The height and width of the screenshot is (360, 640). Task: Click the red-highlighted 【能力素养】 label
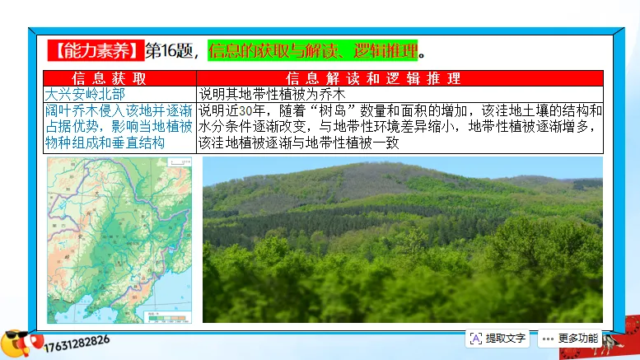(x=96, y=51)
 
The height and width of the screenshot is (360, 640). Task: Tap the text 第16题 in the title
(x=171, y=51)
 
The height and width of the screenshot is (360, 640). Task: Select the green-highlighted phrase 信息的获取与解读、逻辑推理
(x=312, y=51)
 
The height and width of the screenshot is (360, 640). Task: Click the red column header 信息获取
(x=120, y=78)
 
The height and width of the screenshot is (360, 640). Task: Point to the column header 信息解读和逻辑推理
(x=399, y=78)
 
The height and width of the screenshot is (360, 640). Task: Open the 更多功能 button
(x=569, y=338)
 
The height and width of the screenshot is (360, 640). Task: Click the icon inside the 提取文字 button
(x=476, y=338)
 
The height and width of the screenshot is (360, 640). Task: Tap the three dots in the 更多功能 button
(x=547, y=338)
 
